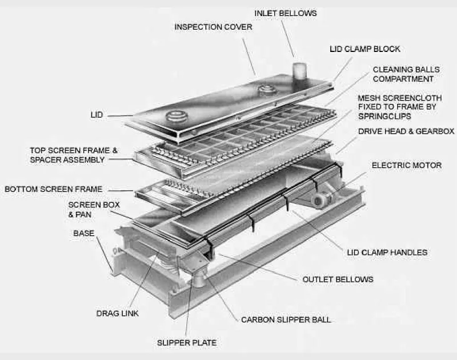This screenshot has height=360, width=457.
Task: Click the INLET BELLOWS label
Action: click(285, 13)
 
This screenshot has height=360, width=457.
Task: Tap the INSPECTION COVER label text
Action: click(213, 27)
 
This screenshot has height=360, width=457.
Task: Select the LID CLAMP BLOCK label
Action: click(365, 49)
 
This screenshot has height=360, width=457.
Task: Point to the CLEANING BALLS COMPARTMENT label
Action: click(406, 74)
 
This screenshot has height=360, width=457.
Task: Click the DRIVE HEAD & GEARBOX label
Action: click(406, 131)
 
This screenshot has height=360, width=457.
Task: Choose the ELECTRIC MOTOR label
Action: click(407, 166)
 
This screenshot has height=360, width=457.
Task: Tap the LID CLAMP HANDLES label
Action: click(387, 253)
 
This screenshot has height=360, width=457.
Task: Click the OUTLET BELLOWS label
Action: click(338, 279)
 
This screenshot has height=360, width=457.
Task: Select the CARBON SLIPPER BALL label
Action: click(286, 320)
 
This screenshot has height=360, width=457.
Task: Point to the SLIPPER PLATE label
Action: click(187, 343)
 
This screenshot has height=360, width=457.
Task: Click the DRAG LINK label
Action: click(118, 313)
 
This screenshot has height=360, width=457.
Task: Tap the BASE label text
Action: click(84, 234)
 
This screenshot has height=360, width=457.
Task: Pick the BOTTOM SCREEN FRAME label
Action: click(54, 189)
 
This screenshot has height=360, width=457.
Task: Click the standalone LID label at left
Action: click(97, 115)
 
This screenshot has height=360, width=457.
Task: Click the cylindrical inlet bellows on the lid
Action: click(299, 71)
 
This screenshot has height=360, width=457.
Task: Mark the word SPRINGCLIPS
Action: click(384, 117)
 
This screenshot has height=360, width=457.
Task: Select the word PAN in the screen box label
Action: click(84, 215)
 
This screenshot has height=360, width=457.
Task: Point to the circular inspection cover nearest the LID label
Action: click(175, 117)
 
